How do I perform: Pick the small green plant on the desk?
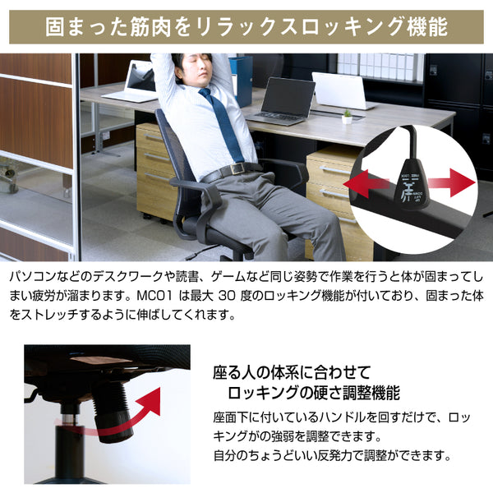coord(347,116)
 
